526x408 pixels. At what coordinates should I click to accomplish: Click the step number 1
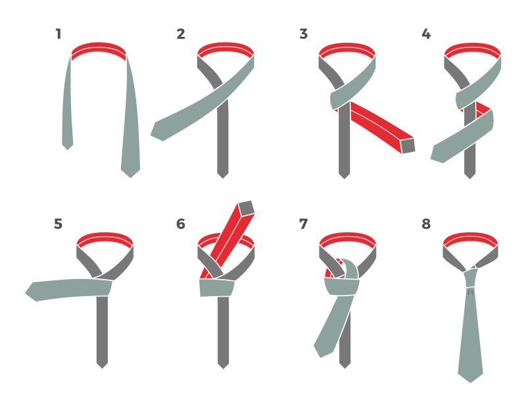pyautogui.click(x=59, y=34)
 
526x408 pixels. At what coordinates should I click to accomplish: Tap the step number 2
pyautogui.click(x=181, y=34)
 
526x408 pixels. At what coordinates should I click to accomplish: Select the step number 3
pyautogui.click(x=304, y=34)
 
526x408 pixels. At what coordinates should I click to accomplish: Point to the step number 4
pyautogui.click(x=426, y=34)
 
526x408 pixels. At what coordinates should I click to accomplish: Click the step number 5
pyautogui.click(x=59, y=224)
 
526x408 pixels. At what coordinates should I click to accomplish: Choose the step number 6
pyautogui.click(x=181, y=224)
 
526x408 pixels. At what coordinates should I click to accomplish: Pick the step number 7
pyautogui.click(x=304, y=224)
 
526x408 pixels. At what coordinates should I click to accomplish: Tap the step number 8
pyautogui.click(x=426, y=224)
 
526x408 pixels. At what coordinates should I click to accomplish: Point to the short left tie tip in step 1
pyautogui.click(x=68, y=147)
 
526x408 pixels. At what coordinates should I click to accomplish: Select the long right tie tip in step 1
pyautogui.click(x=130, y=173)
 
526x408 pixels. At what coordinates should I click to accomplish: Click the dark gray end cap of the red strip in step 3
pyautogui.click(x=408, y=145)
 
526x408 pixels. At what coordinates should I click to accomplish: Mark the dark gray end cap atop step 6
pyautogui.click(x=246, y=208)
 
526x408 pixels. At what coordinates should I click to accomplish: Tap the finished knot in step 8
pyautogui.click(x=473, y=278)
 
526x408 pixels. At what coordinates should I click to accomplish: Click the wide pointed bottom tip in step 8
pyautogui.click(x=470, y=378)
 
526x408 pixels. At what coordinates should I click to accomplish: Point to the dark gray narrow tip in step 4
pyautogui.click(x=469, y=176)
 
